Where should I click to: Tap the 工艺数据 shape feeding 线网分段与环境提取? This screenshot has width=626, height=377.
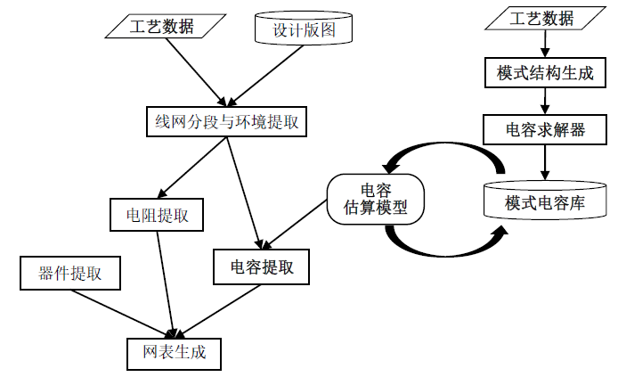click(x=162, y=26)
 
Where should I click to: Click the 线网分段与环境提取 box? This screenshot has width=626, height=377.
click(x=226, y=121)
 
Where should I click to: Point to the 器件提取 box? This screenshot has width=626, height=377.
click(x=70, y=273)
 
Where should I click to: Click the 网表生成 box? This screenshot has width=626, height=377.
click(x=173, y=352)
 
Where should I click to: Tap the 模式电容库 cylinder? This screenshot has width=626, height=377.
click(x=544, y=202)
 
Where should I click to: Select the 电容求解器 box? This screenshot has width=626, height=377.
click(x=545, y=129)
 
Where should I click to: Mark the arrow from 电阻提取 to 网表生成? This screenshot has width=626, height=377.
click(x=167, y=285)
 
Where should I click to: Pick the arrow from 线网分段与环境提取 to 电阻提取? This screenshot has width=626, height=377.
click(x=190, y=167)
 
